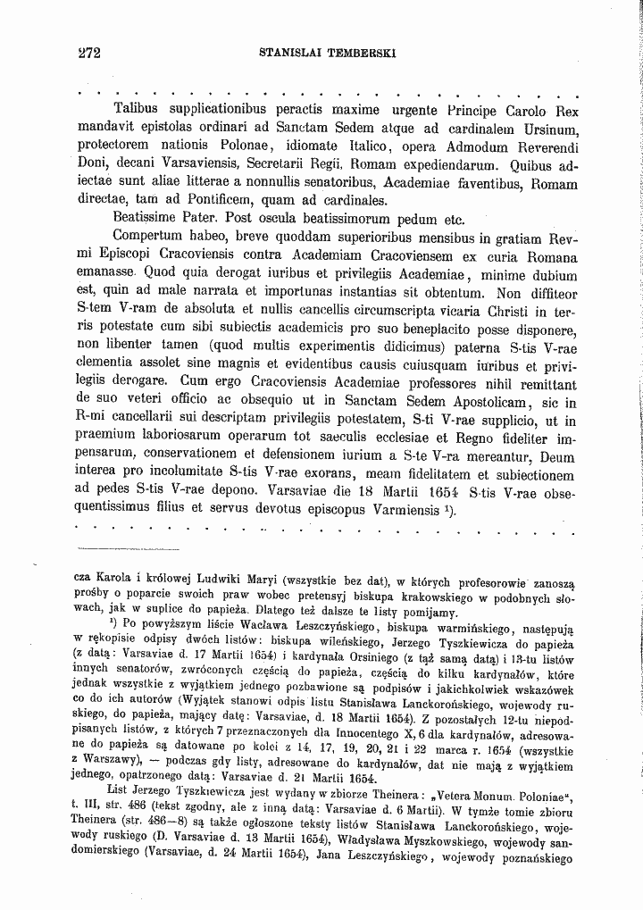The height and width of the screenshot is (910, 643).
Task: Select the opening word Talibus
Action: [x=140, y=111]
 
